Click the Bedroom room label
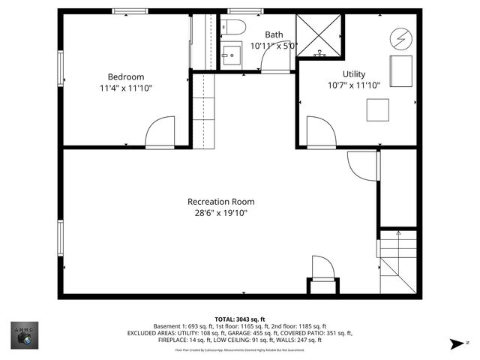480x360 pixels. (125, 76)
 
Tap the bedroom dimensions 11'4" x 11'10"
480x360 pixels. (125, 88)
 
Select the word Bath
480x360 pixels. (274, 34)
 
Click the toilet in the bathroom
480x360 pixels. (235, 29)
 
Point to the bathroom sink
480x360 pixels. (232, 55)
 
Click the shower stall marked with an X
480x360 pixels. (319, 36)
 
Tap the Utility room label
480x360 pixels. (354, 73)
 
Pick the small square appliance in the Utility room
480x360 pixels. (378, 109)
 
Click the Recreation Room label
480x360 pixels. (220, 201)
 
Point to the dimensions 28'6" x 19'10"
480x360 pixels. (220, 213)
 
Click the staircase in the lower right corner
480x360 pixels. (397, 262)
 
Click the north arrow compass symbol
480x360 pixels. (455, 343)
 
